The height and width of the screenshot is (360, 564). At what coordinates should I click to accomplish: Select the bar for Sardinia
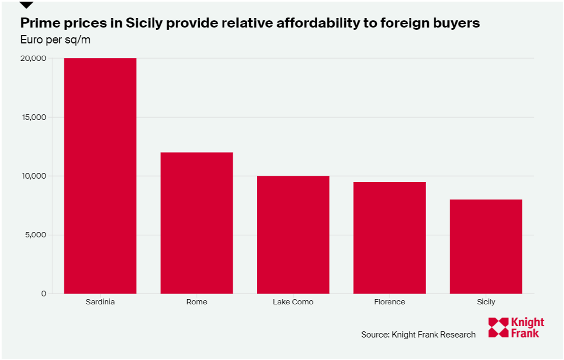100,176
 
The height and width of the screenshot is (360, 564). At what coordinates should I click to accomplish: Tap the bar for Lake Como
293,235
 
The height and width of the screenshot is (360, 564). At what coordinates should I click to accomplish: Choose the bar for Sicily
486,246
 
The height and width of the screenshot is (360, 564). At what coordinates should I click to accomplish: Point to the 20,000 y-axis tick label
33,58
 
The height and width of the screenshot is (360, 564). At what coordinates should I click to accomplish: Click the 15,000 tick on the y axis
34,117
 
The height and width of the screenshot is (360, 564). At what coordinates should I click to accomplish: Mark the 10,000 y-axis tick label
34,176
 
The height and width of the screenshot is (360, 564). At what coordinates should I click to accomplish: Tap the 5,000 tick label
35,235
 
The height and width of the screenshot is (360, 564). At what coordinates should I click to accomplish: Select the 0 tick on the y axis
43,294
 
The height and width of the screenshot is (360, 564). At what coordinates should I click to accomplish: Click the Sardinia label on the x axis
100,302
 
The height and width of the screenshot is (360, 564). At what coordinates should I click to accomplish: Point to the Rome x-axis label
197,302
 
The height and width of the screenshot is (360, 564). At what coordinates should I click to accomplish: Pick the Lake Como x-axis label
293,302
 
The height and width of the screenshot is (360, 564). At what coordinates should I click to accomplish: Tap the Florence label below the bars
389,302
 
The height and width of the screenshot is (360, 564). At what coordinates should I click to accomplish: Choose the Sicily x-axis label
486,302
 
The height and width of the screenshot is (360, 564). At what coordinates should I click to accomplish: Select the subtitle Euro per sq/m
55,40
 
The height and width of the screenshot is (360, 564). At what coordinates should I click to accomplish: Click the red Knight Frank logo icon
498,327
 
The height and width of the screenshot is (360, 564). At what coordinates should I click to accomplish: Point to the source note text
418,335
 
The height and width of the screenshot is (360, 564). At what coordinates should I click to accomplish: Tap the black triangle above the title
26,5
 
